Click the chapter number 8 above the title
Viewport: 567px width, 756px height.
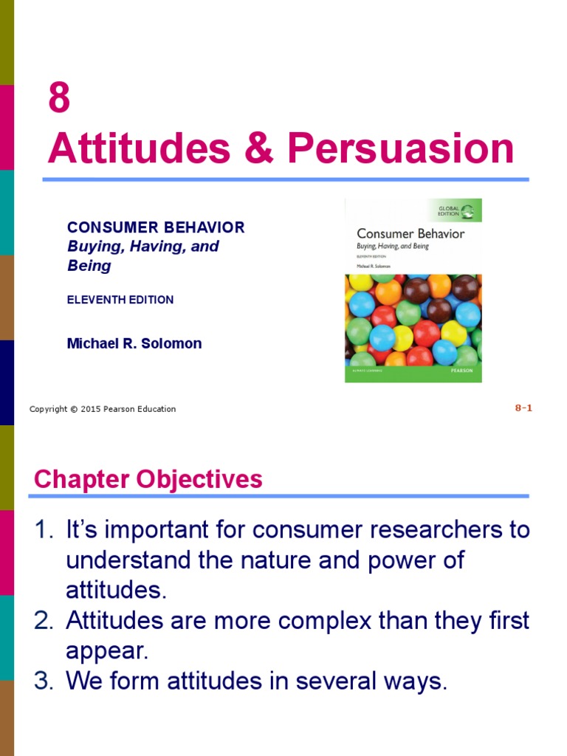(x=59, y=99)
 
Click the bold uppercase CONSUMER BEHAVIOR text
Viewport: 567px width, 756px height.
(x=156, y=227)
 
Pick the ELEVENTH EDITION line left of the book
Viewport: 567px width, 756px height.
(x=120, y=300)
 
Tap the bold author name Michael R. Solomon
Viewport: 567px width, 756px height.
(x=134, y=343)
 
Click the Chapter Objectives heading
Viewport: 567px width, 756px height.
(x=148, y=479)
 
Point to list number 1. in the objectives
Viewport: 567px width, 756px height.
(x=45, y=530)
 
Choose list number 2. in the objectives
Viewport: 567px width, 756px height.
(x=45, y=621)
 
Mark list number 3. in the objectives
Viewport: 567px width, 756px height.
(x=45, y=681)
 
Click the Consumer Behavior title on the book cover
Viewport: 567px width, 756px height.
(x=410, y=233)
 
